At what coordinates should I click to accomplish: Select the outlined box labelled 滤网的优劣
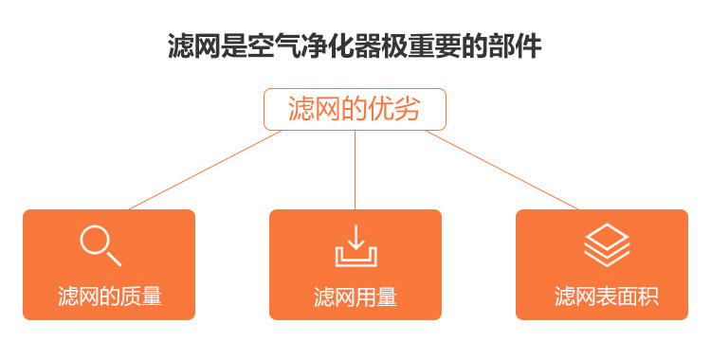[355, 110]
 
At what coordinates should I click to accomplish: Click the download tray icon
[355, 245]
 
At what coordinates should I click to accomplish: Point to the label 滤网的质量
[109, 297]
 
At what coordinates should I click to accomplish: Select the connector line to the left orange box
[204, 170]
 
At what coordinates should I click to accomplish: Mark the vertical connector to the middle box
[355, 170]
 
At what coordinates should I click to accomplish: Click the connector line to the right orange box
[502, 170]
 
